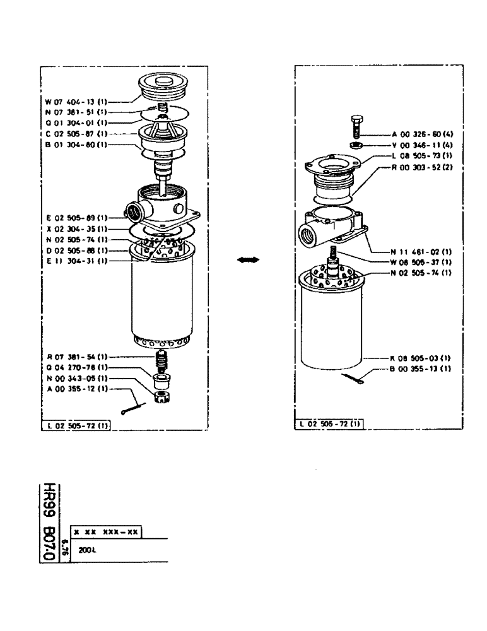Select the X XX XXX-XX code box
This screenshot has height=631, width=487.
tap(106, 532)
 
